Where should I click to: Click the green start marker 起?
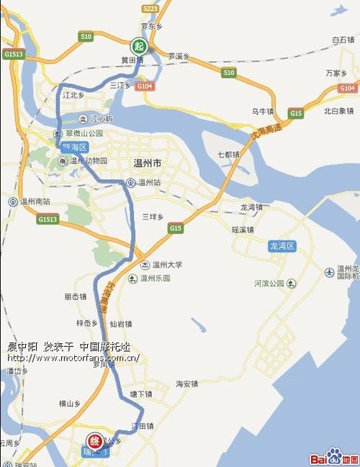click(x=140, y=45)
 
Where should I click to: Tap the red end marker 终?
click(x=94, y=440)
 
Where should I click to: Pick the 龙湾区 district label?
click(x=282, y=246)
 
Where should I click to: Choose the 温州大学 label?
click(x=165, y=265)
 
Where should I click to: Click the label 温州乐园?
click(x=154, y=278)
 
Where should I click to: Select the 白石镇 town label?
click(x=343, y=40)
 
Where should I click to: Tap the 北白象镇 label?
click(x=338, y=111)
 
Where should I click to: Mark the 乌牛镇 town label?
click(x=262, y=112)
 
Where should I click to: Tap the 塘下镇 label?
click(x=141, y=394)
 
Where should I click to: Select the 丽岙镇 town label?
click(x=75, y=296)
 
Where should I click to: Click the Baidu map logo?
click(x=333, y=456)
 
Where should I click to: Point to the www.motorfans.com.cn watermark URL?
click(x=73, y=358)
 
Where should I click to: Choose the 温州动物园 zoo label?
click(x=88, y=161)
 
